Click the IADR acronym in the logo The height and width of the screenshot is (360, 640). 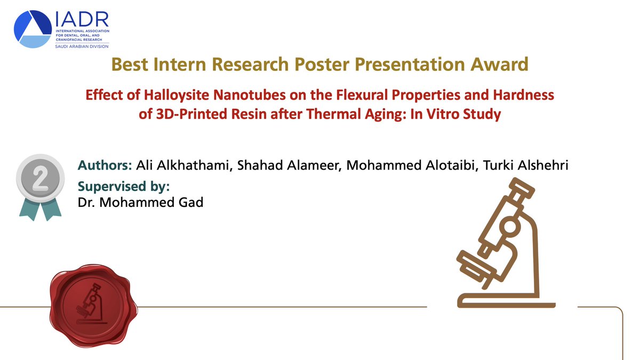82,20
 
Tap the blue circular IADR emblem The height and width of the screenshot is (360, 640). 33,29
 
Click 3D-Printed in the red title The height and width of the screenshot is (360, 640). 184,114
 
